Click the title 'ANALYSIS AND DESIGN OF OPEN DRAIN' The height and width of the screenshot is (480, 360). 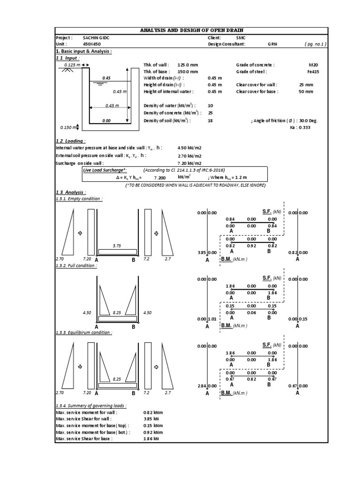[192, 30]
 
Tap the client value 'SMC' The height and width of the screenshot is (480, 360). [241, 37]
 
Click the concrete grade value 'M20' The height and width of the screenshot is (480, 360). [313, 65]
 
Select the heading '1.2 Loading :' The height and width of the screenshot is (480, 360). [70, 141]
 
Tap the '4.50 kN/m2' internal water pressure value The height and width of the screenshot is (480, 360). [189, 148]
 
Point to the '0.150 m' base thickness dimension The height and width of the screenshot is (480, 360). [69, 127]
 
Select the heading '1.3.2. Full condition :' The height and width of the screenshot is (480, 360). [76, 266]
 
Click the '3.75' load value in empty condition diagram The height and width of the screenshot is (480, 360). [117, 245]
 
